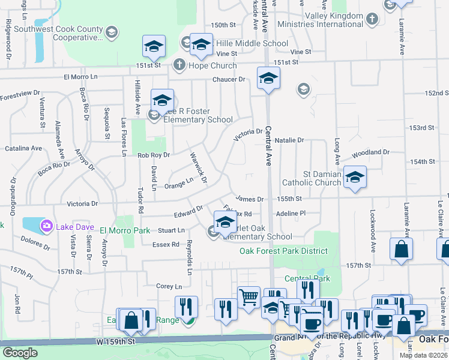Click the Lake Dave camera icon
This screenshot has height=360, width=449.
pyautogui.click(x=46, y=226)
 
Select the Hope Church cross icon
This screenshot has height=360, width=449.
pyautogui.click(x=179, y=65)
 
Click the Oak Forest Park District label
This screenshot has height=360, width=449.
pyautogui.click(x=285, y=251)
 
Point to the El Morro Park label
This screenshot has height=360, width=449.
pyautogui.click(x=125, y=230)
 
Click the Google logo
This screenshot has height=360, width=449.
pyautogui.click(x=19, y=353)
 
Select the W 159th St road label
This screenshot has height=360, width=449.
pyautogui.click(x=112, y=341)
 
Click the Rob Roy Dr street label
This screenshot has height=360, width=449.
pyautogui.click(x=154, y=155)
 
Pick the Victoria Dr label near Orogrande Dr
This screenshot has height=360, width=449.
pyautogui.click(x=82, y=203)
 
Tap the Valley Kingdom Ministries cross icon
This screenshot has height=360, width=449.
pyautogui.click(x=372, y=19)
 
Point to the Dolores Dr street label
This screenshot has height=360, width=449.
pyautogui.click(x=35, y=243)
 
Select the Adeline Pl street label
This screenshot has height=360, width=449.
pyautogui.click(x=291, y=213)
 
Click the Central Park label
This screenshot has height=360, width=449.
pyautogui.click(x=299, y=278)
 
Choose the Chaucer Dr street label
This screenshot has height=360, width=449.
pyautogui.click(x=229, y=79)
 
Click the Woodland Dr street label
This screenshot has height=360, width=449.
pyautogui.click(x=371, y=153)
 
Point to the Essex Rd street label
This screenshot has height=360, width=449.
pyautogui.click(x=166, y=244)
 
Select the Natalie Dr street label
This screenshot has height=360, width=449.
pyautogui.click(x=290, y=140)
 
